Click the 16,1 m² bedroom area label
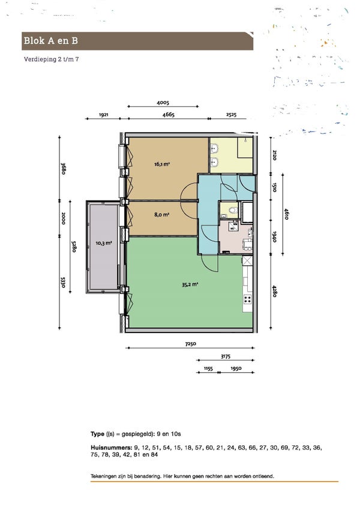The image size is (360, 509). coord(162,164)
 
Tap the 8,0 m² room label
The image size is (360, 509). coord(161,214)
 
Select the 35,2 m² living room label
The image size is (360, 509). coord(190,285)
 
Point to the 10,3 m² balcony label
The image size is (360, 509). coord(104,243)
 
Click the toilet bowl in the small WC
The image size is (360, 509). coord(233,210)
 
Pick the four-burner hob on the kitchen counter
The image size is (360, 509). coord(248,300)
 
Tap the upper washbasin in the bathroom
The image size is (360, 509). coord(215,149)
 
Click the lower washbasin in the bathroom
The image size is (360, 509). coord(215,161)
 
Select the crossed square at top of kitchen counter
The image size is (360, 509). coord(247,261)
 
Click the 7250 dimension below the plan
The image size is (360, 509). coord(191,344)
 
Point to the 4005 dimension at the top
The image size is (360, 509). coord(163,103)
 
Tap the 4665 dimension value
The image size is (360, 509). coord(168,115)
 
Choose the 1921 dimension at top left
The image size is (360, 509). coord(103,115)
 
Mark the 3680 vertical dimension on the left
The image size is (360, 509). coord(64,169)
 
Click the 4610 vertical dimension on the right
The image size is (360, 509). coord(286,214)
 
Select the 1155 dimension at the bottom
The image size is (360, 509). coord(208,369)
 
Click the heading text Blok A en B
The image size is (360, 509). coord(50,41)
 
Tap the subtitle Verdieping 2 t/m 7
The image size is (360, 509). coord(51,59)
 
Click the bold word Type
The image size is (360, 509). coord(97,434)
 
